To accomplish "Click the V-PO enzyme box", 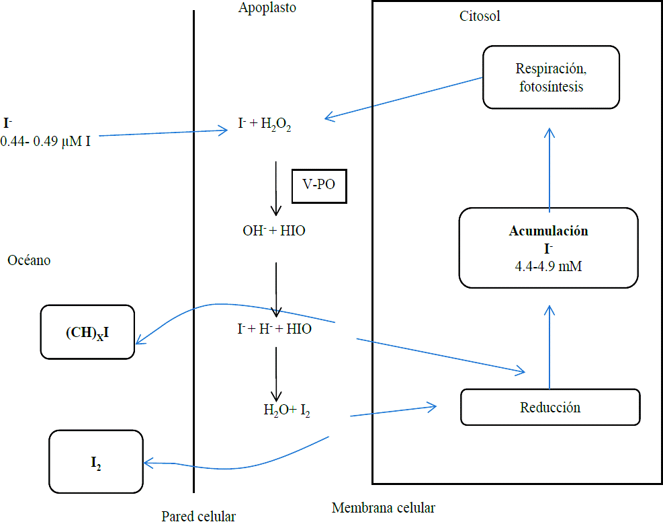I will [319, 186].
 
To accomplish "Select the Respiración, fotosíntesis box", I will [550, 77].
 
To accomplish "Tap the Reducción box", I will [550, 407].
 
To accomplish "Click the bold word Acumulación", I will [548, 231].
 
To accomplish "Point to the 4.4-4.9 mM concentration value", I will [548, 266].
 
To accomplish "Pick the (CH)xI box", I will [88, 332].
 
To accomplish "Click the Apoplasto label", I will [267, 9].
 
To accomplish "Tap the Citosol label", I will [480, 16].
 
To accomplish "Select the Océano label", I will [29, 260].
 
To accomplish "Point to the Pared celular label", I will [198, 516].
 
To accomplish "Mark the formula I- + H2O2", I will [264, 124].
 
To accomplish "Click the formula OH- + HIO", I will [275, 231].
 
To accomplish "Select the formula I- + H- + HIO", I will [274, 330].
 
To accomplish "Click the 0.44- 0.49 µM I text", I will [46, 142].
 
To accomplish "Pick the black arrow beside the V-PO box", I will [275, 188].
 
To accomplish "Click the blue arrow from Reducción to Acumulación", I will [549, 346].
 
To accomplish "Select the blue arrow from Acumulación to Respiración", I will [549, 168].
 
